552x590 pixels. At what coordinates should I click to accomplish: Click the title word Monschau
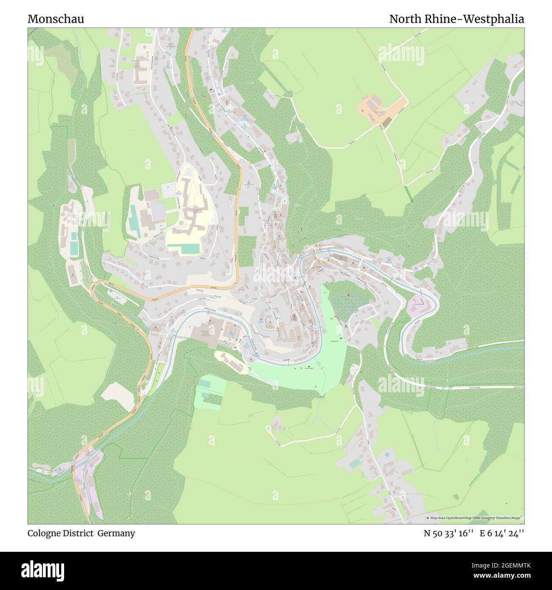click(x=56, y=19)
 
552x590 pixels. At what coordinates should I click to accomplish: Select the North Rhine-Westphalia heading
click(x=456, y=19)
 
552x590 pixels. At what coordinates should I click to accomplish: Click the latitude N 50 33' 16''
click(x=448, y=533)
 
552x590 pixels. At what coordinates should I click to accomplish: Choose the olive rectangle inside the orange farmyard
click(x=386, y=123)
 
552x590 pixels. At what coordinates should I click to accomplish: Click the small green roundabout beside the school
click(x=181, y=223)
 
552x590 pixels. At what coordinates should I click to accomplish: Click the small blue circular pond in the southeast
click(x=386, y=454)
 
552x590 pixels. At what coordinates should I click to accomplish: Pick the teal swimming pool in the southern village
click(x=354, y=464)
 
